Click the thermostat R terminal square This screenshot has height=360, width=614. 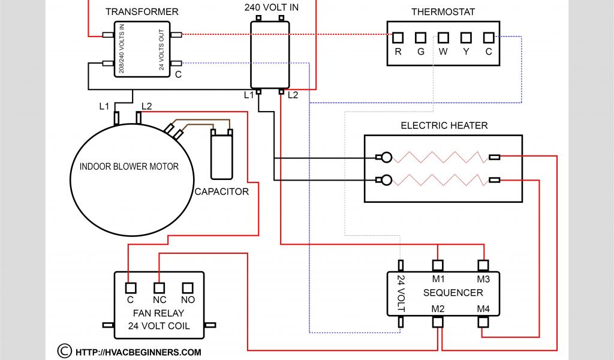pos(398,38)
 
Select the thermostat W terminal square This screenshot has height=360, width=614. pos(443,38)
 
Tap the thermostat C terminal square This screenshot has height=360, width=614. pos(489,38)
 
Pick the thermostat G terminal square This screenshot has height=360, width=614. pos(420,38)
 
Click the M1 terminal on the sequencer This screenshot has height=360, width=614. pos(438,265)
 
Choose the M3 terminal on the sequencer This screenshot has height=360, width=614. pos(483,265)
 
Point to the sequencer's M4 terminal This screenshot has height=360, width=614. pos(483,322)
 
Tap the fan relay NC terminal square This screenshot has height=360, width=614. pos(159,287)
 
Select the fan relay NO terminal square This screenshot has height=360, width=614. pos(188,287)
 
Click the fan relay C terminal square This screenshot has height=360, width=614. pos(130,287)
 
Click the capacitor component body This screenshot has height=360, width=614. pos(221,157)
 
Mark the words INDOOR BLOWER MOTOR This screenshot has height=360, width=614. pos(129,166)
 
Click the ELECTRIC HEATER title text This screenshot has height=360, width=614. pos(444,125)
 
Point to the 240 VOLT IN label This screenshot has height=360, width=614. pos(271,8)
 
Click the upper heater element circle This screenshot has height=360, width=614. pos(387,158)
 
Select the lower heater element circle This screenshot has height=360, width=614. pos(387,179)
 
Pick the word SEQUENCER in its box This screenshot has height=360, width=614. pos(453,293)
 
